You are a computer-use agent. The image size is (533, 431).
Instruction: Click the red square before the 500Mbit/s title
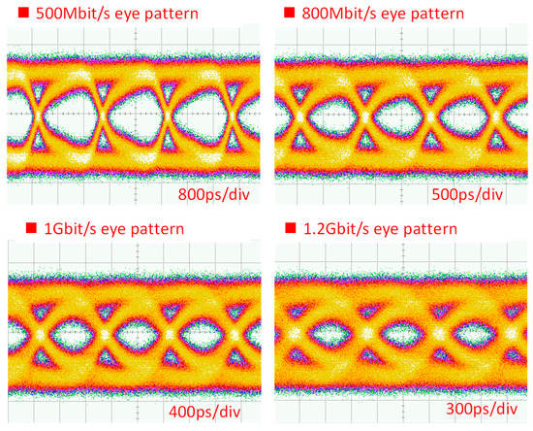[13, 14]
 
